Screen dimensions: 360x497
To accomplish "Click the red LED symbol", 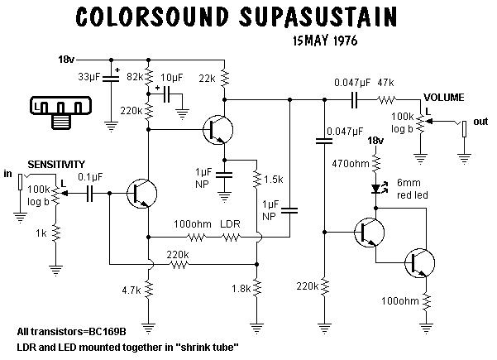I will (377, 190).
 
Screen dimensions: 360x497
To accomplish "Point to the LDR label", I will (229, 224).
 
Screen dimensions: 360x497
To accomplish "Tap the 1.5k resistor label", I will (275, 179).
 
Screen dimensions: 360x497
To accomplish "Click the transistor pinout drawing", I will (60, 113).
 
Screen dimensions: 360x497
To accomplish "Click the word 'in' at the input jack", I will (8, 175).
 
